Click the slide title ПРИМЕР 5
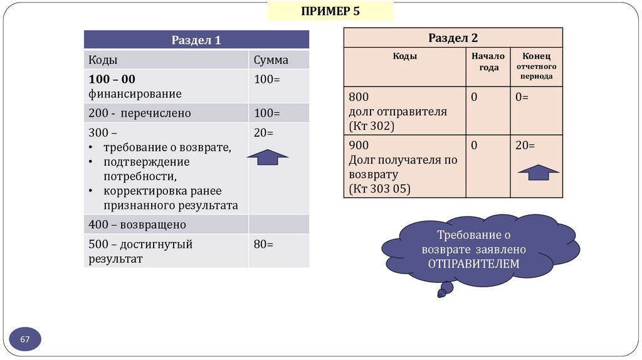(x=330, y=11)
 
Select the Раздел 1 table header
(x=196, y=40)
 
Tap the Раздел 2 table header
(x=453, y=38)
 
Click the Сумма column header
(x=271, y=60)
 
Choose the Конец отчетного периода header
(x=535, y=66)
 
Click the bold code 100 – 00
(x=112, y=80)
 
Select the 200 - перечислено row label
(x=139, y=114)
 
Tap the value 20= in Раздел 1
(x=263, y=133)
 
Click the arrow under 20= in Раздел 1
(x=268, y=157)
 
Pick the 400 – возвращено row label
(x=137, y=224)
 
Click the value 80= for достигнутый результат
(x=263, y=244)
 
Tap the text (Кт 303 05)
(x=379, y=188)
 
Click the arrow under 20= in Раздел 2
(x=537, y=171)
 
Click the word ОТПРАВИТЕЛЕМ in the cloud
(x=474, y=263)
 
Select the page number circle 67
(x=25, y=339)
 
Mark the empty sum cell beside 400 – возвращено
(x=278, y=224)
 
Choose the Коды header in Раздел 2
(x=405, y=56)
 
